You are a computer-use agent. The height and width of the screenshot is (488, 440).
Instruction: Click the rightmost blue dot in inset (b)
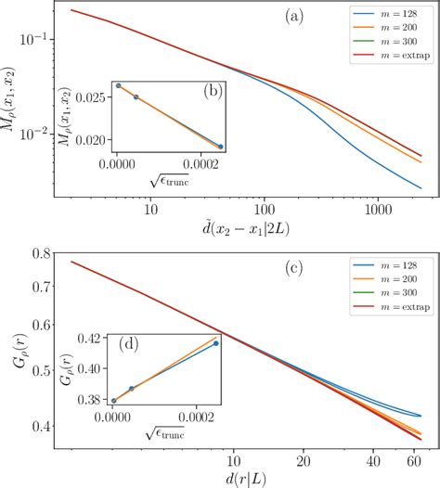tap(220, 147)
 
